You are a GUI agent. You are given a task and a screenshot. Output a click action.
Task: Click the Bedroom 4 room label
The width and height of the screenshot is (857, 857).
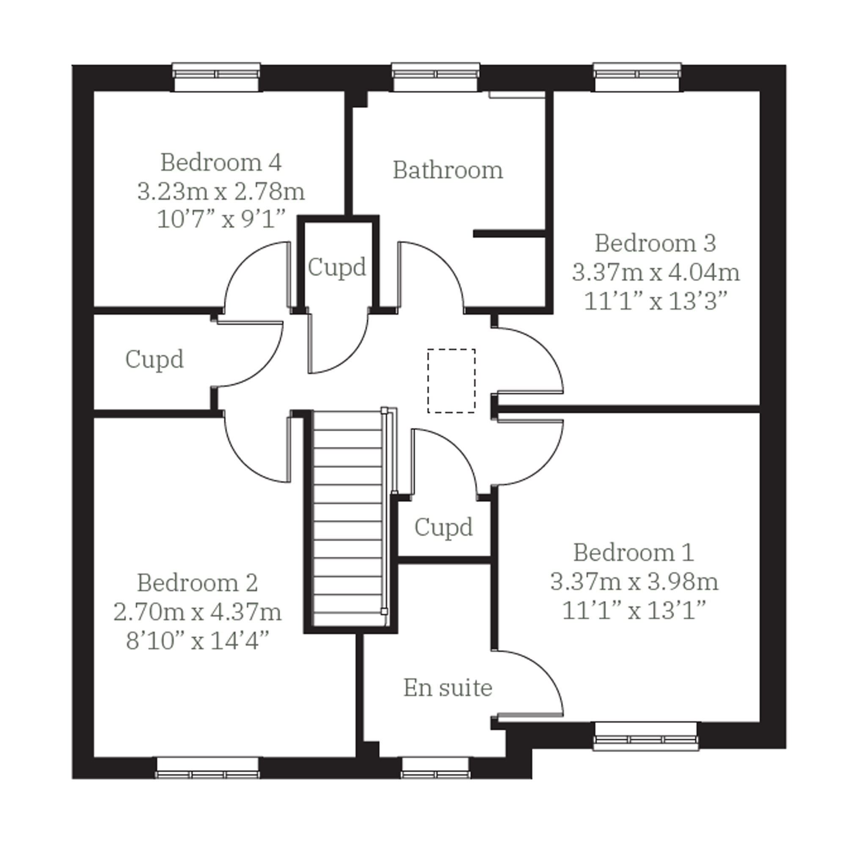[x=221, y=163]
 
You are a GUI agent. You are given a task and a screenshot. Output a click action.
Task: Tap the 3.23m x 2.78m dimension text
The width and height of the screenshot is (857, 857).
[x=221, y=192]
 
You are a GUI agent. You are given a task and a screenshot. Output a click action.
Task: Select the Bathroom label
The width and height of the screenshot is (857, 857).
[x=448, y=170]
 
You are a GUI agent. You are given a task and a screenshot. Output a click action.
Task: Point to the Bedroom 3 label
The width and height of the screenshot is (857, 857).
[x=655, y=243]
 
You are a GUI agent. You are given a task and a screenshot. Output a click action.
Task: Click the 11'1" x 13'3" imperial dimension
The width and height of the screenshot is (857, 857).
[x=656, y=301]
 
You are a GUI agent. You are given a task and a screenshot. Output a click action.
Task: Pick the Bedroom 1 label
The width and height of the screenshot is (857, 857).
[x=634, y=553]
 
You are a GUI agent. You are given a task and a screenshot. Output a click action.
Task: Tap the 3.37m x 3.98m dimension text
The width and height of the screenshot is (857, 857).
[x=634, y=581]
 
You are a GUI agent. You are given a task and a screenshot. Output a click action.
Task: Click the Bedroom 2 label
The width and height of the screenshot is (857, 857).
[x=197, y=583]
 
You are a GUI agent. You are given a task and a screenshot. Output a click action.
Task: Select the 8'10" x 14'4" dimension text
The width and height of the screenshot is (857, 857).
[x=197, y=641]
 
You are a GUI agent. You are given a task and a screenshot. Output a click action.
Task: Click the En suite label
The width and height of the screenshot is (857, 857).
[x=448, y=688]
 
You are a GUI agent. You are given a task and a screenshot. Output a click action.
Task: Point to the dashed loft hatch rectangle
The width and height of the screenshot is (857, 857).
[x=452, y=381]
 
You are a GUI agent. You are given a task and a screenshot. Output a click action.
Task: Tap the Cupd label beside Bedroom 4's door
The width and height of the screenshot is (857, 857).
[x=337, y=267]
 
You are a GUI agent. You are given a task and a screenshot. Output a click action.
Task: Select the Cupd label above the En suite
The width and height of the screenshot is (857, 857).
[x=444, y=527]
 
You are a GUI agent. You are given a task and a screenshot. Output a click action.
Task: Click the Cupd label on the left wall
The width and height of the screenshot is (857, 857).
[x=154, y=359]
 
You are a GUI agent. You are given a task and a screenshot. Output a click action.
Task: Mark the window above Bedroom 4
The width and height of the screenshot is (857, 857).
[x=216, y=77]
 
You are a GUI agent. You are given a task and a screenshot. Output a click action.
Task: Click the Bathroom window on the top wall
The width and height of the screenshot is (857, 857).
[x=435, y=77]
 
